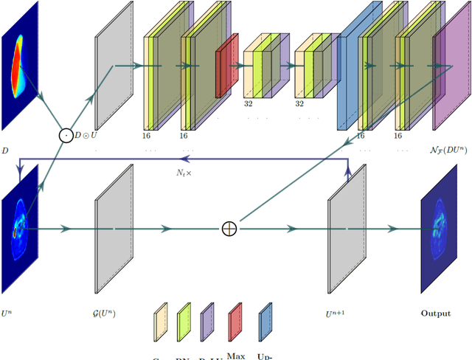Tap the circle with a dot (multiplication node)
click(x=66, y=135)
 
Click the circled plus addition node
click(x=229, y=229)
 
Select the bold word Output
click(x=435, y=314)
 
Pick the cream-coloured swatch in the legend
click(x=160, y=324)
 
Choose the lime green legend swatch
click(x=184, y=324)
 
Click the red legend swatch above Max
click(x=235, y=324)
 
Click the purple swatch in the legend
click(x=208, y=324)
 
